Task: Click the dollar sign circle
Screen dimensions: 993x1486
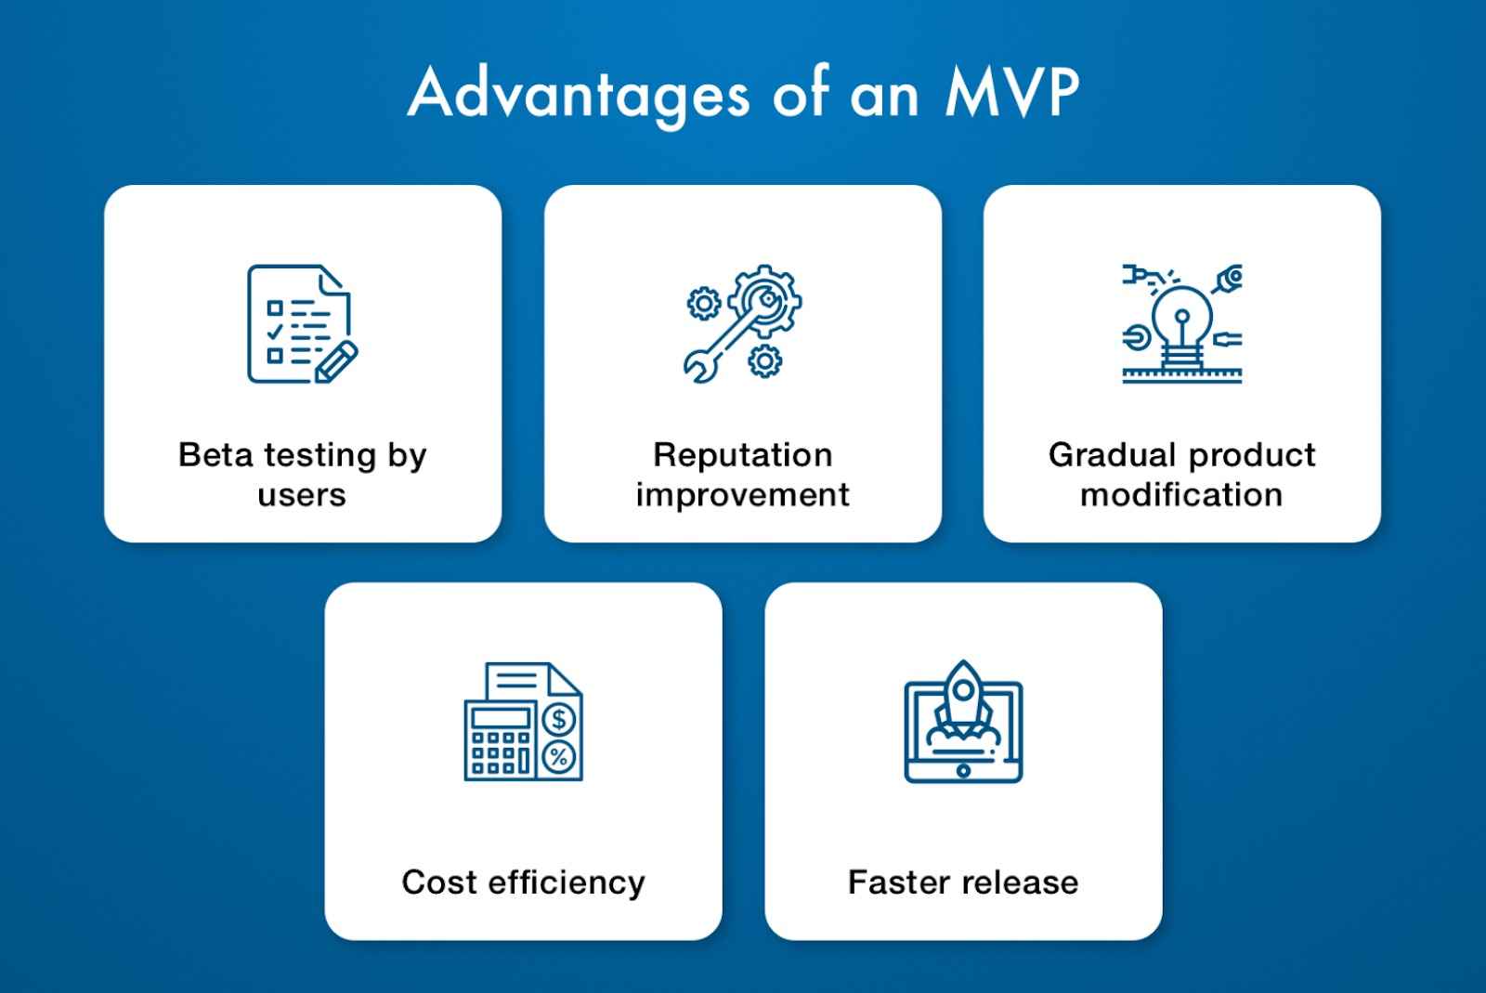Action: coord(559,719)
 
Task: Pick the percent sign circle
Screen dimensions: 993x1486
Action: coord(559,756)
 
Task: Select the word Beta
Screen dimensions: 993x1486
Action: coord(215,455)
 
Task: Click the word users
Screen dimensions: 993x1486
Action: coord(302,495)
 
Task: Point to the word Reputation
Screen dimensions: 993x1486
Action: coord(742,455)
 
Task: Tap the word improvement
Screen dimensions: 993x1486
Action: coord(742,495)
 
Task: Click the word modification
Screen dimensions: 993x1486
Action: coord(1181,495)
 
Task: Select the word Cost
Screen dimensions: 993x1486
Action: coord(438,882)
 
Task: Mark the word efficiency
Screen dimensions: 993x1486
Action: coord(566,882)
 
